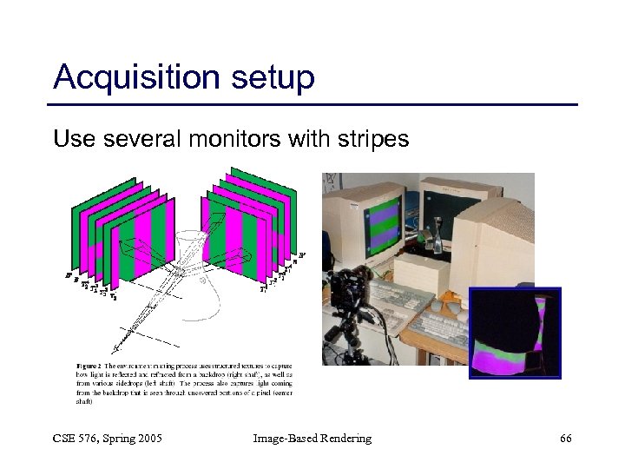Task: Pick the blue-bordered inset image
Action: (x=515, y=334)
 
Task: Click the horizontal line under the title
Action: (x=312, y=105)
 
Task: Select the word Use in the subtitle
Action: (x=70, y=139)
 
